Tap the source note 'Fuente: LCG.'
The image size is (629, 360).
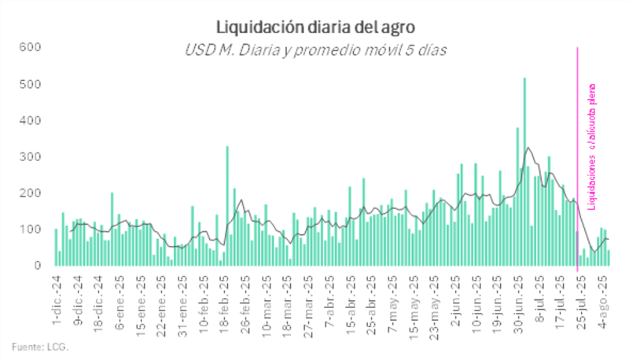coord(40,346)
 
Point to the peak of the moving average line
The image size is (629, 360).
coord(528,148)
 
